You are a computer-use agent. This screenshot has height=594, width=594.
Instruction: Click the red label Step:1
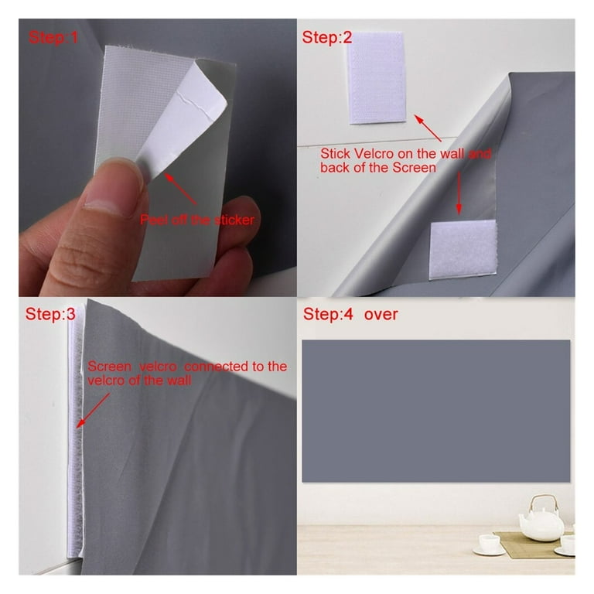coord(53,37)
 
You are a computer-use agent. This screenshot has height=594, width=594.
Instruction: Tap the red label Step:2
coord(327,37)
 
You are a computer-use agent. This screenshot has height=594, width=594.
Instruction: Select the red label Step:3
coord(50,314)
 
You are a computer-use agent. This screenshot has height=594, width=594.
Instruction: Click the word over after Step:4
coord(381,315)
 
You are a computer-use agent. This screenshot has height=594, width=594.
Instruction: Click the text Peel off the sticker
coord(197,220)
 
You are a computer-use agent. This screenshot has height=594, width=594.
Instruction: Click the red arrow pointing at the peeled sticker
coord(180,189)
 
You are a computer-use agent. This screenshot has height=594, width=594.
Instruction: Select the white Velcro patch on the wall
coord(376,77)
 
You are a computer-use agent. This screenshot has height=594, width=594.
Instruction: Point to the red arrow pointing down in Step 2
coord(459,193)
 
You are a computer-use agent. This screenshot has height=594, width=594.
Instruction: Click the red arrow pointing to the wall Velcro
coord(428,128)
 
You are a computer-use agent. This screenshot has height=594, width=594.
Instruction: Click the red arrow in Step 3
coord(93,410)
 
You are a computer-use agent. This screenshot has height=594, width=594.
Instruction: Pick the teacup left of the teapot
coord(489,544)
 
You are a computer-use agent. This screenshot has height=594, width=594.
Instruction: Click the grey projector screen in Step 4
coord(435,411)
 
